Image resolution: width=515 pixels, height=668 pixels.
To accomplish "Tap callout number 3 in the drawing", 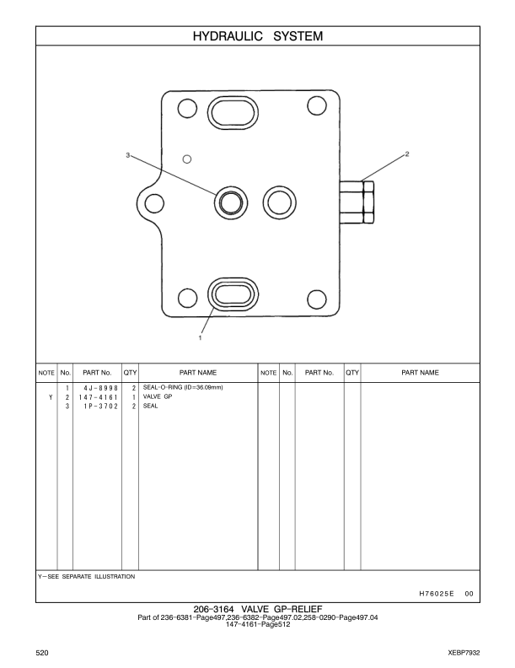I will click(127, 156).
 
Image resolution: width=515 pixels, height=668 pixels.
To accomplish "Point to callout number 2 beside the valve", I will click(407, 154).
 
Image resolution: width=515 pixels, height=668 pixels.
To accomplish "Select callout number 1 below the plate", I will click(200, 337).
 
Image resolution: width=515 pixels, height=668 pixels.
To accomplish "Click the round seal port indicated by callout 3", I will click(231, 201).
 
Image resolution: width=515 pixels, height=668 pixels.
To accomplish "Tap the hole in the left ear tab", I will click(153, 202).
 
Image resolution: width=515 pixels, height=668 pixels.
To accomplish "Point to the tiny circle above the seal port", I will click(188, 158).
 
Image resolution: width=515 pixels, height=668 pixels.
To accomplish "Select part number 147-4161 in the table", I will click(98, 396).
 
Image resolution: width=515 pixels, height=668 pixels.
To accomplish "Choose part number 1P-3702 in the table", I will click(100, 406).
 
